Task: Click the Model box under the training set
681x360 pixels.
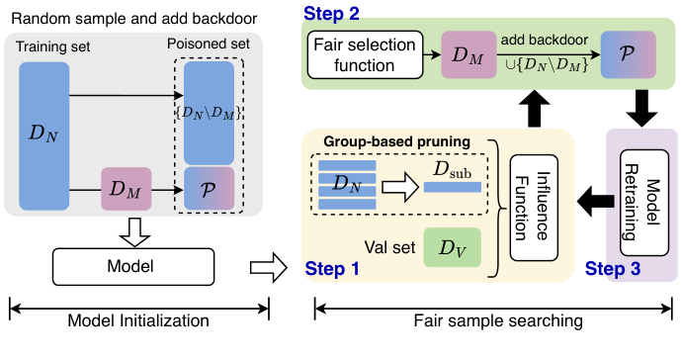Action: (131, 264)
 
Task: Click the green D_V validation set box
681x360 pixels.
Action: (451, 246)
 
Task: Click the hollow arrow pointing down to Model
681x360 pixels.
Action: (132, 229)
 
